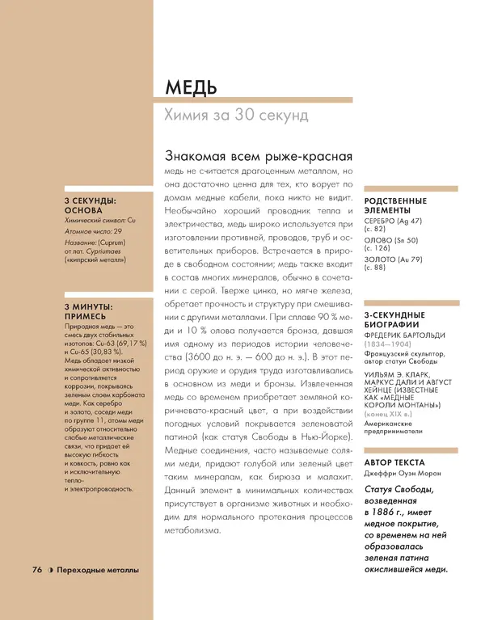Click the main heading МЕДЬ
point(190,87)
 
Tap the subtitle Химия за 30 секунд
point(236,116)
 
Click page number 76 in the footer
point(36,570)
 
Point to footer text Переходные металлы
point(98,570)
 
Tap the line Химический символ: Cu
point(100,220)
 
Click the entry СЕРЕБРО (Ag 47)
point(393,220)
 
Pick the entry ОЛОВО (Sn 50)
point(391,240)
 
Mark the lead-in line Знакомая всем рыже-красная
point(258,156)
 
